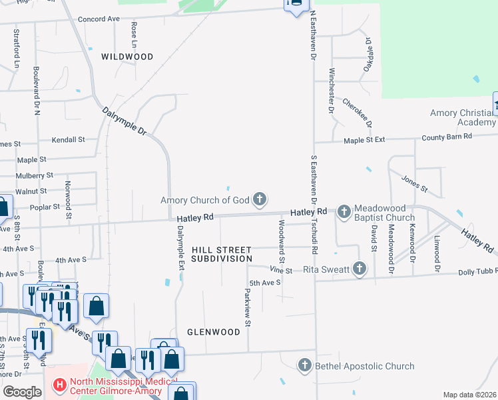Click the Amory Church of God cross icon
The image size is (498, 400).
(260, 199)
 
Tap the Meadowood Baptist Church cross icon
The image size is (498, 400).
(344, 212)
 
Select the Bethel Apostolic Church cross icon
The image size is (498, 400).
(305, 365)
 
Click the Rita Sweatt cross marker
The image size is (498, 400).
(360, 269)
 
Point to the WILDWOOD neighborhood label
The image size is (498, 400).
(127, 57)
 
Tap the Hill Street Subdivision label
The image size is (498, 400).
(222, 254)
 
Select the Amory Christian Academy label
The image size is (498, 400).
(463, 117)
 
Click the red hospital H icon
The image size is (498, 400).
(59, 385)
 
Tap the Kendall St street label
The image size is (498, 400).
(72, 140)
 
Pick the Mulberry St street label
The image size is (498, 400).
(35, 175)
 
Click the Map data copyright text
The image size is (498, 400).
(469, 395)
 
